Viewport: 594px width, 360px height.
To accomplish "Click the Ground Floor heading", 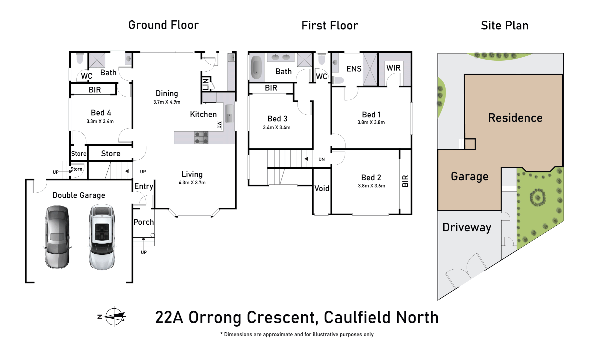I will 163,25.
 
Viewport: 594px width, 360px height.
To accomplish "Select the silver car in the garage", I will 57,237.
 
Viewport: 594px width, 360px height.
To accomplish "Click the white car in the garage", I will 102,237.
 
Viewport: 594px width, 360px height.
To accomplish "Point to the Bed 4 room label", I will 101,113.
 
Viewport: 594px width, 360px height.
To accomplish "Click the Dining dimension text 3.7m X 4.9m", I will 167,102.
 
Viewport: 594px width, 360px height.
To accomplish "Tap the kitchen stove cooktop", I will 201,138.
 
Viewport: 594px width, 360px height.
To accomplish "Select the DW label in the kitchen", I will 219,125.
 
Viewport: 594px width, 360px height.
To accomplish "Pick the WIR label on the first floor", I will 393,68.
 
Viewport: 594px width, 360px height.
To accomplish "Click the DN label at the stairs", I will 322,159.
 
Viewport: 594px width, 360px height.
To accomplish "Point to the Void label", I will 322,188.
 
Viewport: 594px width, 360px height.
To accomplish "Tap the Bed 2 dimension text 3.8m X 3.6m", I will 372,186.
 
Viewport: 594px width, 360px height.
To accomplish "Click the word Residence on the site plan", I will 515,118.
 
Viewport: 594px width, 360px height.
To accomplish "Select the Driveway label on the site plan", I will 467,227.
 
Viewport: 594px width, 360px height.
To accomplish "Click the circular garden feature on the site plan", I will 538,197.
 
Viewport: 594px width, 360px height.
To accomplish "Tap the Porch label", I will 144,222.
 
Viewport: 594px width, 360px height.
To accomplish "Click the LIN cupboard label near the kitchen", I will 206,84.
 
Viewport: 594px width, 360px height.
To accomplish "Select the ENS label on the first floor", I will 354,69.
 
